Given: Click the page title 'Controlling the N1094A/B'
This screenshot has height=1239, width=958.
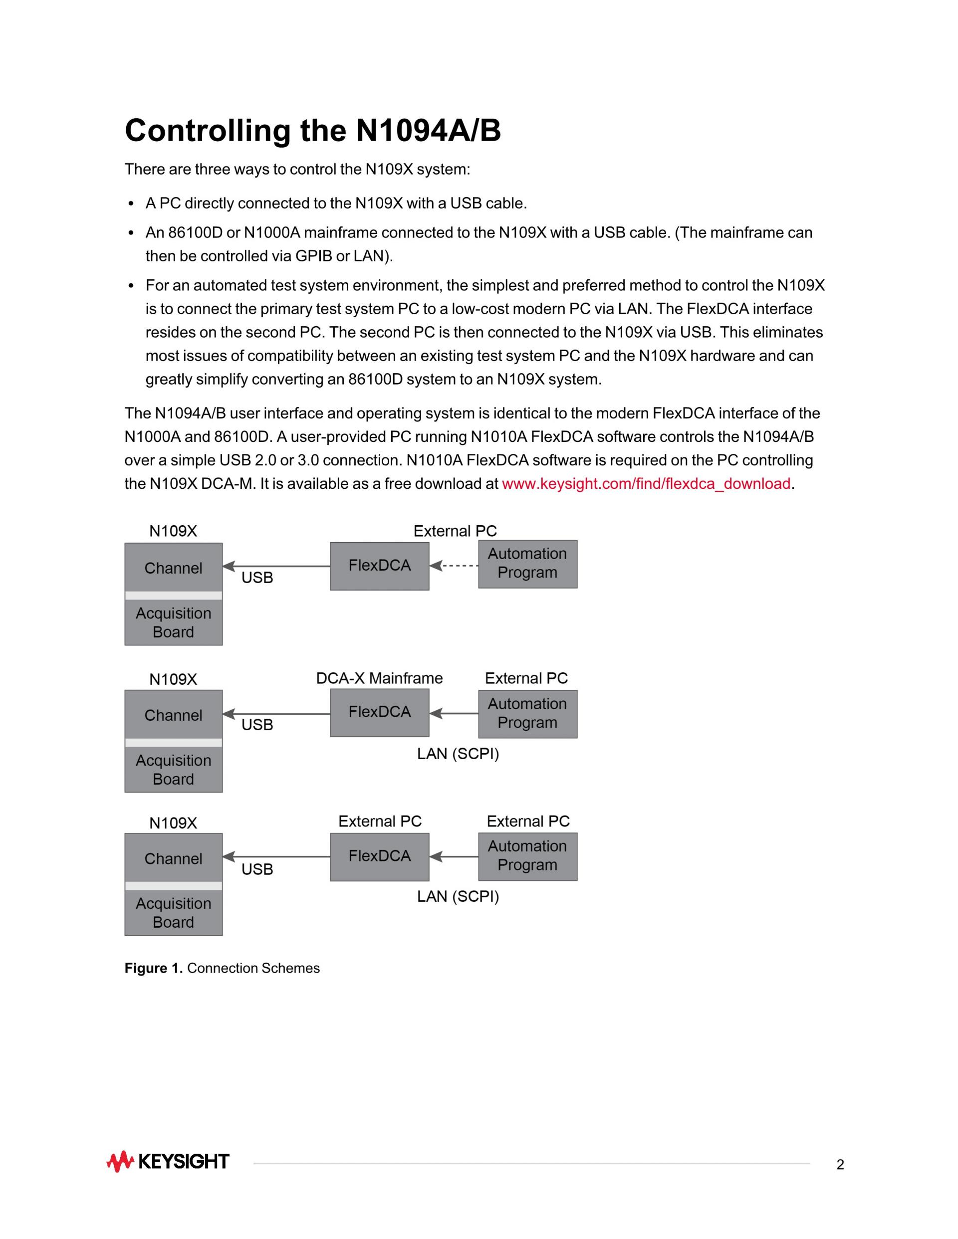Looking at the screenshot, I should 313,131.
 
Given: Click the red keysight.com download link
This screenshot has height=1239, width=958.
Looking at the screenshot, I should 646,483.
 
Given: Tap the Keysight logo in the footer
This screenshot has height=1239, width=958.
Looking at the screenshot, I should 168,1161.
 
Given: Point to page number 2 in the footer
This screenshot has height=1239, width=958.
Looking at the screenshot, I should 840,1165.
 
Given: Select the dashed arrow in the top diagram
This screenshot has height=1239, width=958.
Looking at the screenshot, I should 454,566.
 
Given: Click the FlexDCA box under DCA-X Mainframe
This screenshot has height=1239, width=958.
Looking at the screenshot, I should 379,713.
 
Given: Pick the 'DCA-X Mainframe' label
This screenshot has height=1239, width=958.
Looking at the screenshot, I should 379,678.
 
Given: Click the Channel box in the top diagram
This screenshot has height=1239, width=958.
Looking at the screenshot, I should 173,567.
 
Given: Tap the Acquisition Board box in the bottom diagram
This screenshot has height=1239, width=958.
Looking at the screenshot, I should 173,913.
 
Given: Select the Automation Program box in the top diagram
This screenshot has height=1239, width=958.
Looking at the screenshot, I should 527,564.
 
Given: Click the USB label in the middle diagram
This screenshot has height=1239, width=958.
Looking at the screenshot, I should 257,725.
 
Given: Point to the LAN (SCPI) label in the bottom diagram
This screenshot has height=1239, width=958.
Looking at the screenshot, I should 458,896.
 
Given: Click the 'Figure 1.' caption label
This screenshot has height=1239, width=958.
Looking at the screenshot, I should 153,968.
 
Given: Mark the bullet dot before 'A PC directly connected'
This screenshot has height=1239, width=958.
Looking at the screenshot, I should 131,204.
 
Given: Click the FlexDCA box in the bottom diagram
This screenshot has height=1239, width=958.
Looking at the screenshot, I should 379,856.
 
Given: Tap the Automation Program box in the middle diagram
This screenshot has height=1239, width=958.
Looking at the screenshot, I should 527,714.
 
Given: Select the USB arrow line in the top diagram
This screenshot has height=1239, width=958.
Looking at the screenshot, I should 278,566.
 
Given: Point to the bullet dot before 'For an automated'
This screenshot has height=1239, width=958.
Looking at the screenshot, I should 131,286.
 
